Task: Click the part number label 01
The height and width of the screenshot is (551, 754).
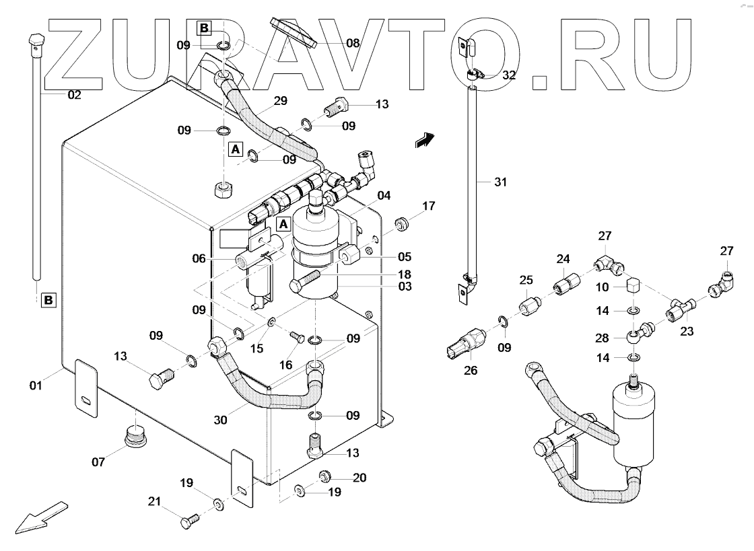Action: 35,385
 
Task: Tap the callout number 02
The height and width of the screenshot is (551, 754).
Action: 74,95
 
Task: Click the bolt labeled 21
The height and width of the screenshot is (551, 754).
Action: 188,519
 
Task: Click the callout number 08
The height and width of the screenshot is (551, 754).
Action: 353,43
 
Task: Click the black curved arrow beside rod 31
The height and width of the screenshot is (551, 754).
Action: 424,140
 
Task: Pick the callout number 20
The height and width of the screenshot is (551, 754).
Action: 359,478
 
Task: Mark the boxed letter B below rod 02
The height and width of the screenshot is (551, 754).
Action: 49,299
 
